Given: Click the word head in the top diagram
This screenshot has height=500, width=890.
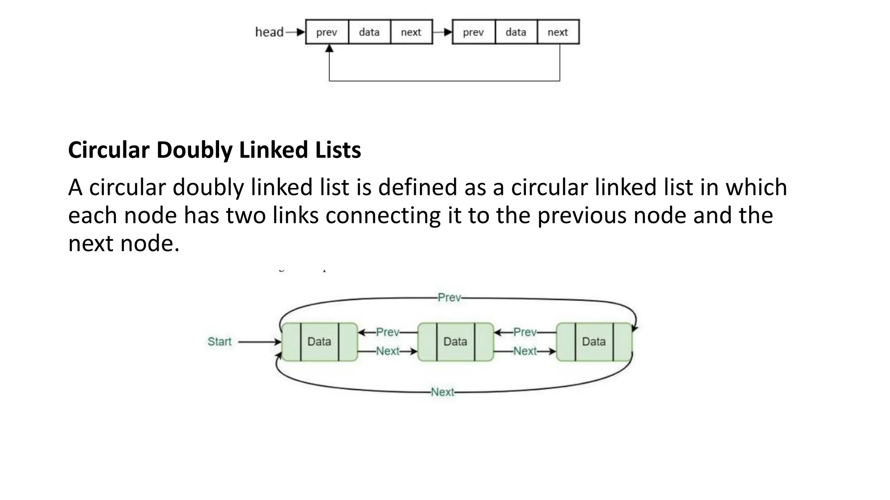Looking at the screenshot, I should [269, 32].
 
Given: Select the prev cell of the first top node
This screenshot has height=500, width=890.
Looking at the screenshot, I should [327, 32].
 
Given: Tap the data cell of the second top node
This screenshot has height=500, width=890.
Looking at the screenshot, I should [516, 32].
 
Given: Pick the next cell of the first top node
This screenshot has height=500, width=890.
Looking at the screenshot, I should [411, 32].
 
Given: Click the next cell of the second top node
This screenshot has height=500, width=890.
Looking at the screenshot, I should [558, 32].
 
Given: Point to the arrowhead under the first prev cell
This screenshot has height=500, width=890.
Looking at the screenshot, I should [329, 48].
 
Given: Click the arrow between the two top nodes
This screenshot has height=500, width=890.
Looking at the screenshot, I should [442, 32].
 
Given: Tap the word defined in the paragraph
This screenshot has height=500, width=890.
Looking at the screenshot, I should [418, 187].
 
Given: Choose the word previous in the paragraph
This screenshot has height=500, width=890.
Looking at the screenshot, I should [582, 215].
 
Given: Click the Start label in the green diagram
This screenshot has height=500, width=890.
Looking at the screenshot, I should [219, 342].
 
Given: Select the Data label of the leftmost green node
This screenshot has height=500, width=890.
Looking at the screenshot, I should [319, 342].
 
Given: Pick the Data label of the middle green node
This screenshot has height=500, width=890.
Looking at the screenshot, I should [455, 342].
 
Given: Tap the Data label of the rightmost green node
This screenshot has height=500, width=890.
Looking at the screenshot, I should [594, 342].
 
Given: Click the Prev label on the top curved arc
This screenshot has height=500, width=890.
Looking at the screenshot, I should [449, 298].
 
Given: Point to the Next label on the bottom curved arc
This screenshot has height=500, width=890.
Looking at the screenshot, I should [442, 392].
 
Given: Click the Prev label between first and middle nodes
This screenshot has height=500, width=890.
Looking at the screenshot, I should [387, 332].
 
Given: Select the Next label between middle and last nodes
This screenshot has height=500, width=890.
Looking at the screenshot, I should [525, 351].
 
